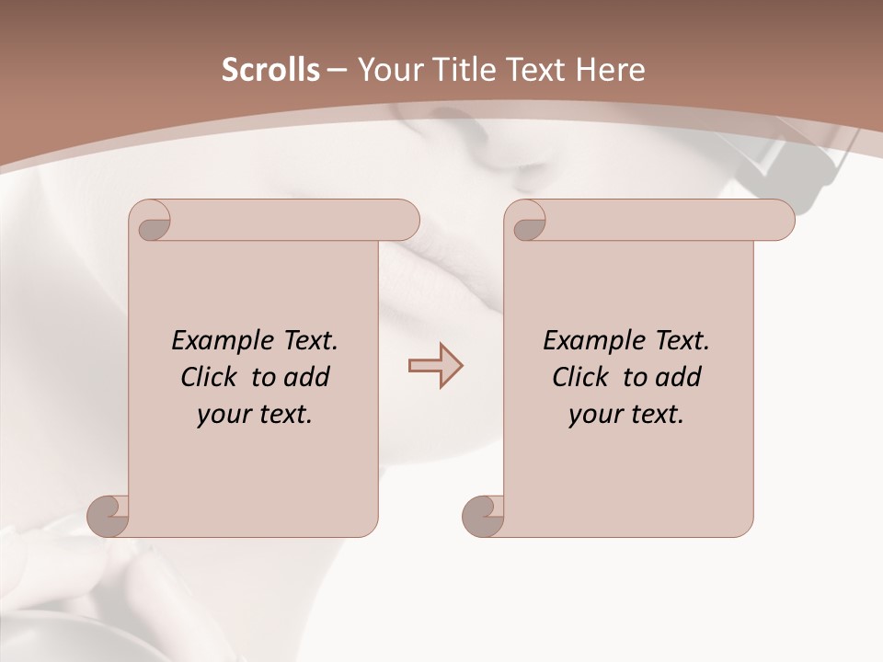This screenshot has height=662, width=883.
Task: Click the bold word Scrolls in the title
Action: (270, 70)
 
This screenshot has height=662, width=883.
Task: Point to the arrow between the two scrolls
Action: (435, 366)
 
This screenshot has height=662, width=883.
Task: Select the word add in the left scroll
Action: (307, 377)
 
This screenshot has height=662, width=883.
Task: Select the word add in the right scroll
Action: (679, 377)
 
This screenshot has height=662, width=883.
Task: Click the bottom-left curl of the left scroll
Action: (109, 515)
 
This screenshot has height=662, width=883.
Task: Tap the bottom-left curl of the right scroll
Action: (483, 515)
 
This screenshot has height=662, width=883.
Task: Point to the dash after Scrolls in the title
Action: (337, 71)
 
